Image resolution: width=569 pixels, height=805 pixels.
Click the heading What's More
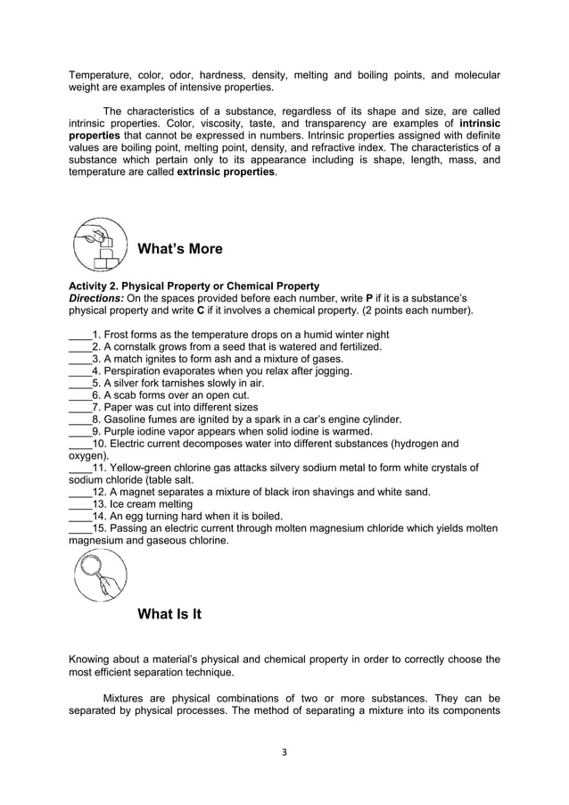coord(180,249)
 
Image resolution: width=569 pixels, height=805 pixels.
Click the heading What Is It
coord(169,614)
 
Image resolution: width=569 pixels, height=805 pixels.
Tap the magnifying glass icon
coord(98,576)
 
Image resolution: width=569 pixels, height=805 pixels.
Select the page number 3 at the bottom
coord(284,751)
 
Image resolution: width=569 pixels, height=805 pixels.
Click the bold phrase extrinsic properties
coord(227,171)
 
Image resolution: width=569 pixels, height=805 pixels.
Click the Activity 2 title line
coord(194,286)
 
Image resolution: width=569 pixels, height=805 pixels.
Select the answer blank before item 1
coord(80,335)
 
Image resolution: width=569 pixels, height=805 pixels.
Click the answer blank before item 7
coord(80,407)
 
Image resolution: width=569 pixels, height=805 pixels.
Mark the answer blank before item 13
coord(80,503)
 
